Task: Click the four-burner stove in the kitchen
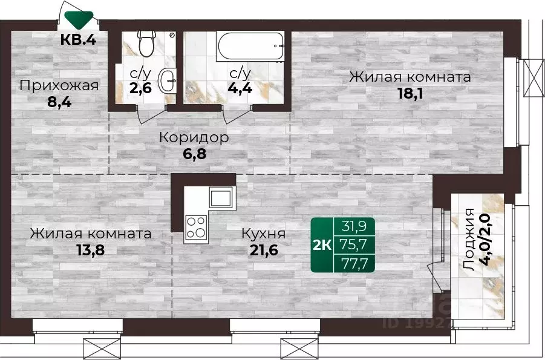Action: coord(196,227)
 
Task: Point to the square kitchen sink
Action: coord(221,197)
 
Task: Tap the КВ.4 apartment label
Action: coord(79,41)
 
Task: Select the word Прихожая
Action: coord(59,85)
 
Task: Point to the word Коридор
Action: coord(194,137)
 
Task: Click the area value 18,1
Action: coord(410,94)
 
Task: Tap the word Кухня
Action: coord(263,234)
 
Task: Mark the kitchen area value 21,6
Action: coord(263,249)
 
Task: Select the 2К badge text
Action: coord(321,245)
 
